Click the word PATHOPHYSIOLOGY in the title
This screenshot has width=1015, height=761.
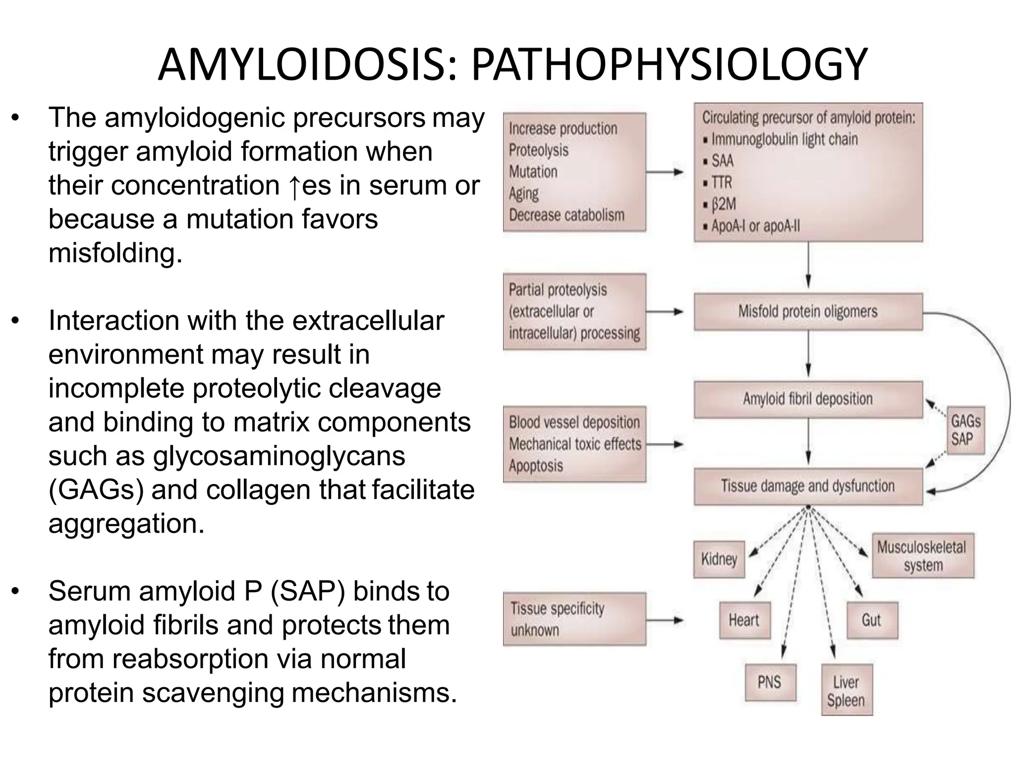pos(669,65)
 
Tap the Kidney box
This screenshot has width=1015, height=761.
pos(719,559)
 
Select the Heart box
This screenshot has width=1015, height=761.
pos(744,620)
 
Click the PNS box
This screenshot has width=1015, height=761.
pos(770,682)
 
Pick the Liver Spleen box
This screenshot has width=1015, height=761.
pos(846,691)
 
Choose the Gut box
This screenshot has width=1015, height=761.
pos(871,620)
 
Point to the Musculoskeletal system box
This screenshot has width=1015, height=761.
pos(922,555)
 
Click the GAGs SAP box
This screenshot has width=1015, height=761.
pos(965,430)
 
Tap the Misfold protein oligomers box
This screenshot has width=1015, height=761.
pos(808,312)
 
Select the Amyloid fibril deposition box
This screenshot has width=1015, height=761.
pos(808,399)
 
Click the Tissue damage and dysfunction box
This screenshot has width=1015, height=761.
pos(808,486)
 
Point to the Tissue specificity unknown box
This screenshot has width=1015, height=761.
pos(574,619)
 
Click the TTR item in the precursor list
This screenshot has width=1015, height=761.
pos(721,182)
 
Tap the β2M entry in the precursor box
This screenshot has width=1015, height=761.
pos(723,204)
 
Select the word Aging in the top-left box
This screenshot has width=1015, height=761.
pos(523,193)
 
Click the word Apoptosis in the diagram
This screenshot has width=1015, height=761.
pos(536,466)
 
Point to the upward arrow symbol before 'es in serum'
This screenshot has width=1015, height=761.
pos(294,187)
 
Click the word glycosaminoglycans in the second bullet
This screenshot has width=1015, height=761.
pos(279,456)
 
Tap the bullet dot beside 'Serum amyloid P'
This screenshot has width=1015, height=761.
pos(16,591)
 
